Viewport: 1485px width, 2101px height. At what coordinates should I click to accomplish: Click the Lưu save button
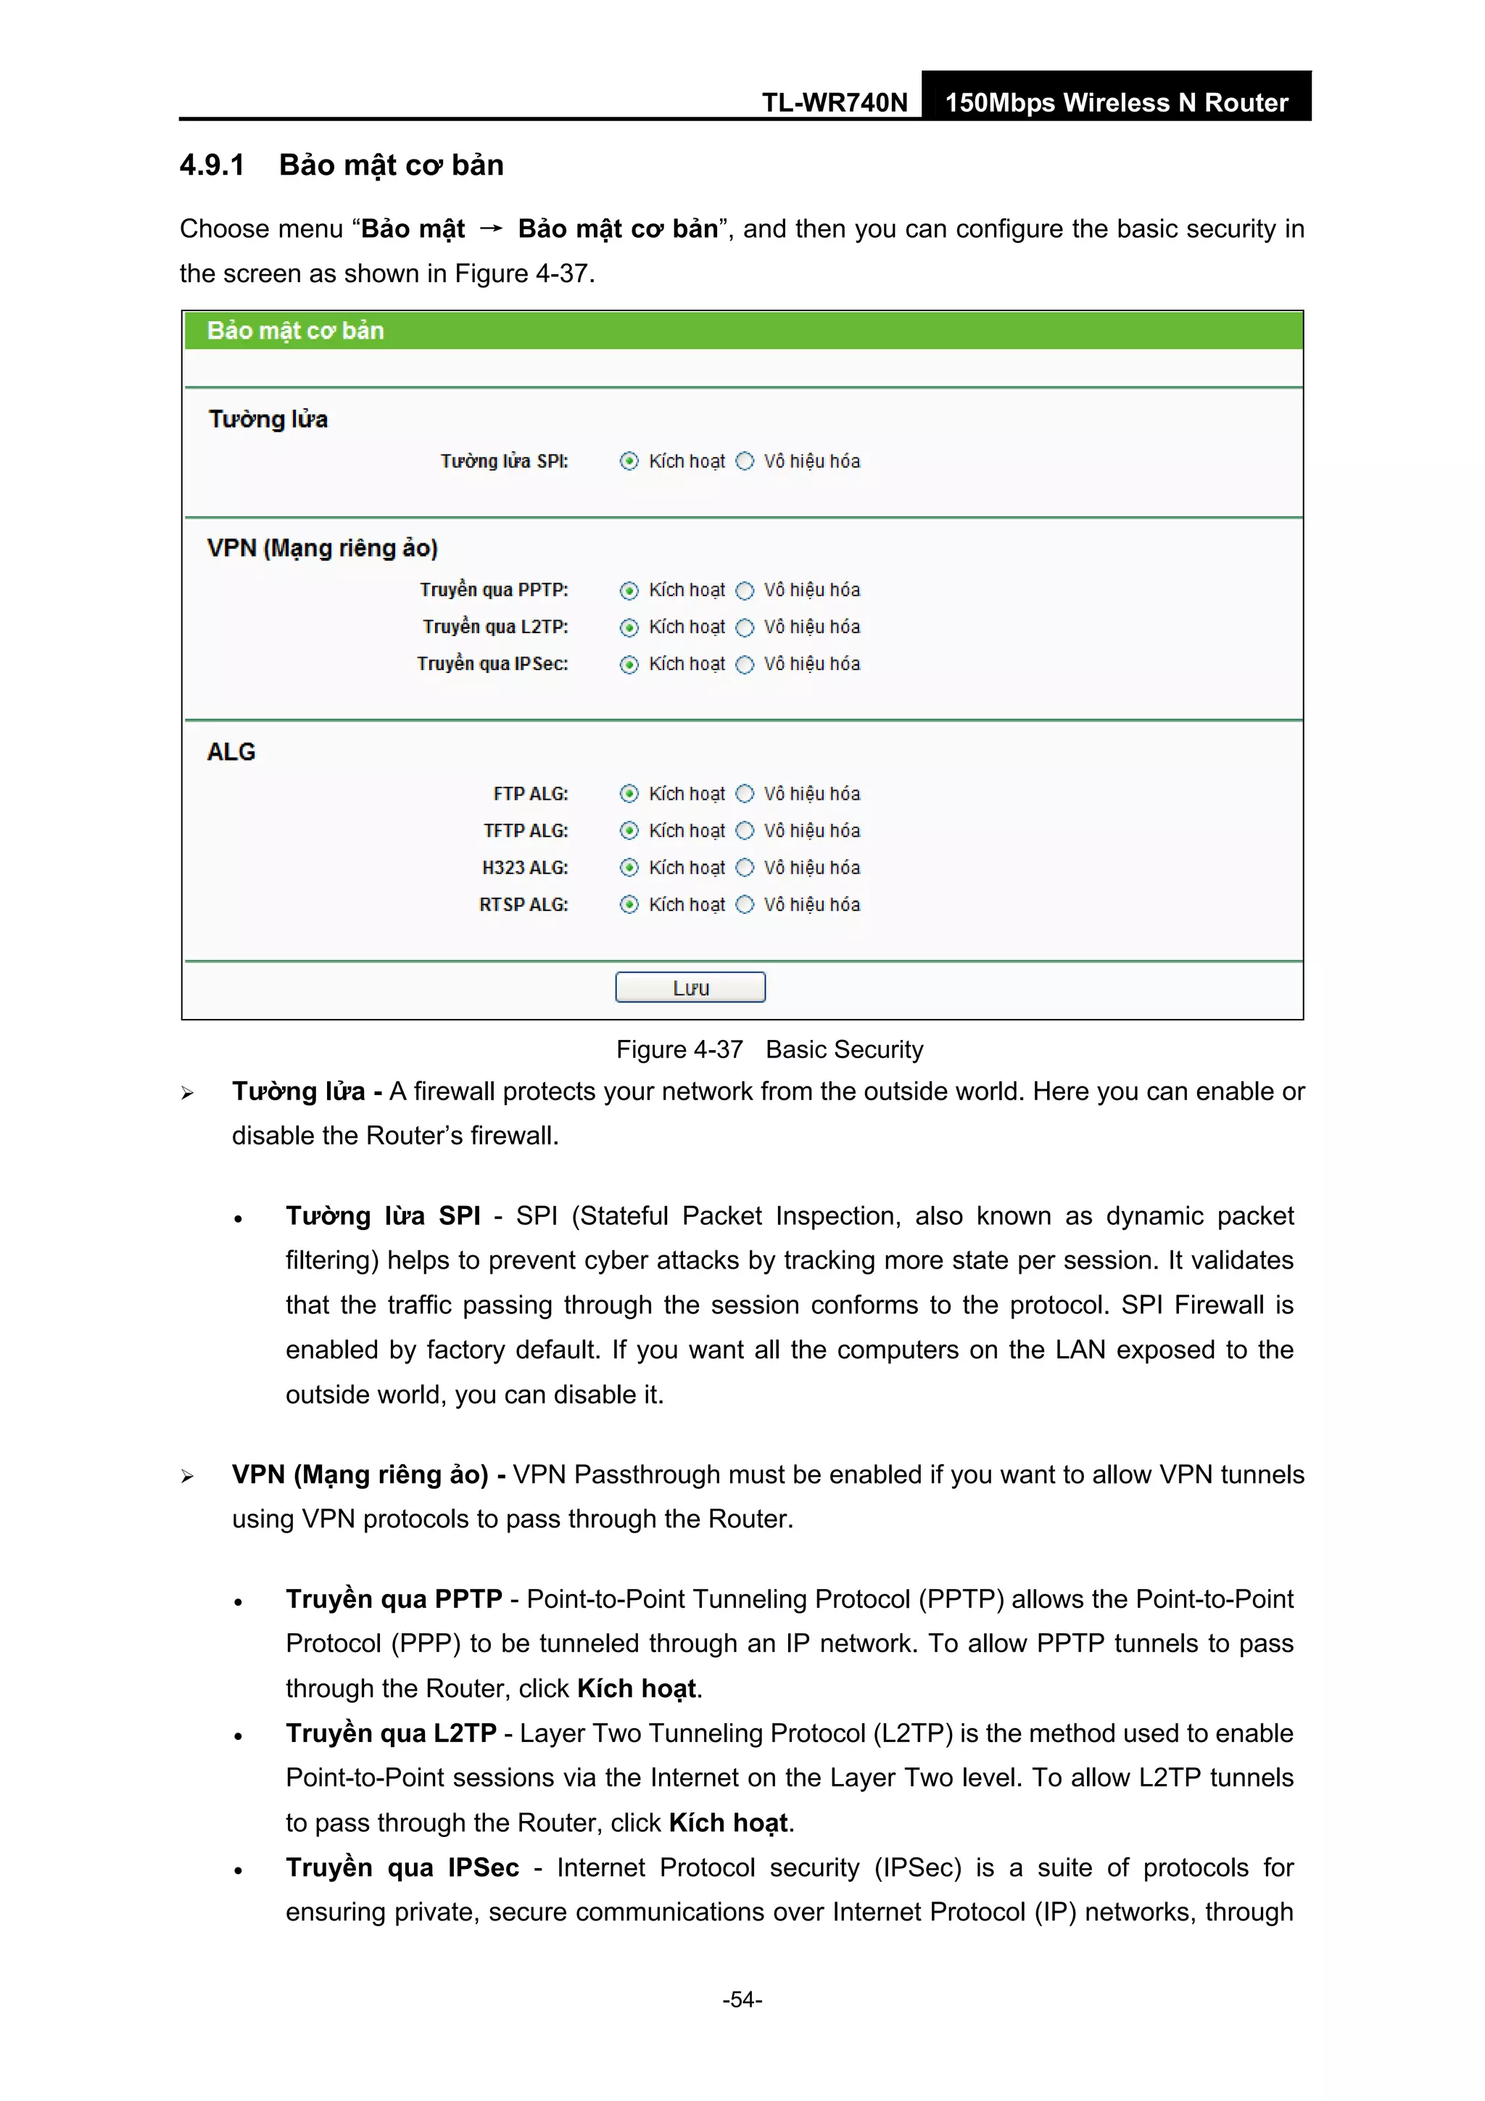click(x=690, y=987)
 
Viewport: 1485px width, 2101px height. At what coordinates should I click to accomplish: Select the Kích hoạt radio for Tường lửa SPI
click(x=629, y=461)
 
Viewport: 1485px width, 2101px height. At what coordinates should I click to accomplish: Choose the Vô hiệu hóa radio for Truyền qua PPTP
click(x=745, y=590)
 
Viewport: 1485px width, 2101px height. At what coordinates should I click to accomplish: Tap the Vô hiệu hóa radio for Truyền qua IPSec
click(x=745, y=664)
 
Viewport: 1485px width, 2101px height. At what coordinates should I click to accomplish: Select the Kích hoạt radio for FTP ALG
click(x=629, y=793)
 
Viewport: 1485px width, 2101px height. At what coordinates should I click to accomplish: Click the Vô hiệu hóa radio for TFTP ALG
click(x=745, y=831)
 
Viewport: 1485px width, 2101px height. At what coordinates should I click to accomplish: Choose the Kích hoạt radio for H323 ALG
click(x=629, y=867)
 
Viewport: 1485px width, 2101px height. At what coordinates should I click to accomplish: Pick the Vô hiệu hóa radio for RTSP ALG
click(x=745, y=904)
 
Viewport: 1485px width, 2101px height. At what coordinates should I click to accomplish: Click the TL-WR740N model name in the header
click(x=835, y=102)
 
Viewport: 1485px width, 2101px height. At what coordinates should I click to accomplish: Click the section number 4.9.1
click(x=212, y=165)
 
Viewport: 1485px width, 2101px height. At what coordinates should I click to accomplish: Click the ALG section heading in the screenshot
click(x=231, y=752)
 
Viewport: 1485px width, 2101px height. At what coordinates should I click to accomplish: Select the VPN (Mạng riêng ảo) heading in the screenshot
click(x=322, y=548)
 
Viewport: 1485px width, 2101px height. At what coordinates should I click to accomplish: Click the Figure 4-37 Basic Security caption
click(x=769, y=1049)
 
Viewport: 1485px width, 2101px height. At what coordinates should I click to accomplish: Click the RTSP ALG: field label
click(x=524, y=905)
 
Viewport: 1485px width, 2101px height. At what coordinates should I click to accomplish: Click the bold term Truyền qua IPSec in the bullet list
click(x=402, y=1867)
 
